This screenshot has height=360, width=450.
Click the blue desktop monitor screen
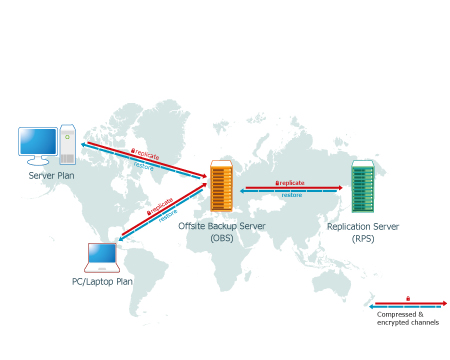(x=38, y=141)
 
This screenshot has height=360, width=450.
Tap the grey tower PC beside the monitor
(x=67, y=144)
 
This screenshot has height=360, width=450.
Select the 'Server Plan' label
(x=51, y=176)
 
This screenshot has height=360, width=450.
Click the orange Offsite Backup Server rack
(x=221, y=186)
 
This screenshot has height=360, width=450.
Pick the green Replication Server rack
(x=363, y=186)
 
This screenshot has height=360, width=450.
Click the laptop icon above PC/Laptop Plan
(x=102, y=258)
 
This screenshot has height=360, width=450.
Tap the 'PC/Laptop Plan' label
(x=102, y=282)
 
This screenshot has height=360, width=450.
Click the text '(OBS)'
(x=222, y=238)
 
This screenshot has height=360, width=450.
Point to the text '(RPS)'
(x=363, y=239)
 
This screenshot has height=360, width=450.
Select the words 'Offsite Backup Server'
(x=222, y=226)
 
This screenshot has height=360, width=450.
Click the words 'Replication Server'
(x=363, y=227)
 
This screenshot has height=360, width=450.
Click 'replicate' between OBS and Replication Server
(x=292, y=183)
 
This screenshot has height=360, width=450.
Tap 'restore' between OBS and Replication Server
(x=292, y=195)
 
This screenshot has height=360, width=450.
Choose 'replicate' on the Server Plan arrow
(x=147, y=154)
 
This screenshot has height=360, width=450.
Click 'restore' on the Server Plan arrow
(x=144, y=166)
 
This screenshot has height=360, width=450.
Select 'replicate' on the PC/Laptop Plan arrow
(x=162, y=206)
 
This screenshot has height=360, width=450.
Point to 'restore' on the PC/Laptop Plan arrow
(x=168, y=216)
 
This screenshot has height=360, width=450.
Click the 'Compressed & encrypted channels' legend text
(x=408, y=318)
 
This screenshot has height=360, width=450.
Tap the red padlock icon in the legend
(x=408, y=299)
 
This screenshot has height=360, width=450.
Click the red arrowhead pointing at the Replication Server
(x=340, y=188)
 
